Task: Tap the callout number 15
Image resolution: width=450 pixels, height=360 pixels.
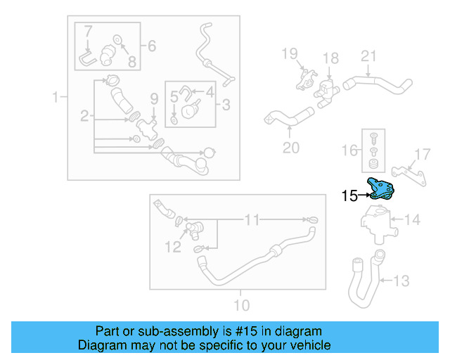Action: pyautogui.click(x=349, y=196)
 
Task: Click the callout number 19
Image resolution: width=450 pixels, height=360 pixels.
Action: pyautogui.click(x=290, y=53)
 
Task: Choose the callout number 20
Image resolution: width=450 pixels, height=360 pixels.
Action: pyautogui.click(x=290, y=148)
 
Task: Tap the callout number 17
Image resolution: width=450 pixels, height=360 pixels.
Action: pyautogui.click(x=422, y=155)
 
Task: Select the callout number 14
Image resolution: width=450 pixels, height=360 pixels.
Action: pyautogui.click(x=412, y=220)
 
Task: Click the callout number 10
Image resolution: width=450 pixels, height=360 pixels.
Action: pyautogui.click(x=241, y=305)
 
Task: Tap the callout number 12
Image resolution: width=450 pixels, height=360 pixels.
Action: pyautogui.click(x=173, y=246)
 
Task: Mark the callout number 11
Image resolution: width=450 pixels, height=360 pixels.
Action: pyautogui.click(x=252, y=220)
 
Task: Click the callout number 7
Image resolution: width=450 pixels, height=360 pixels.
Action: pyautogui.click(x=88, y=31)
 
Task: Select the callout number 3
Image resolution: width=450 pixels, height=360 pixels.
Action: pyautogui.click(x=226, y=105)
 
